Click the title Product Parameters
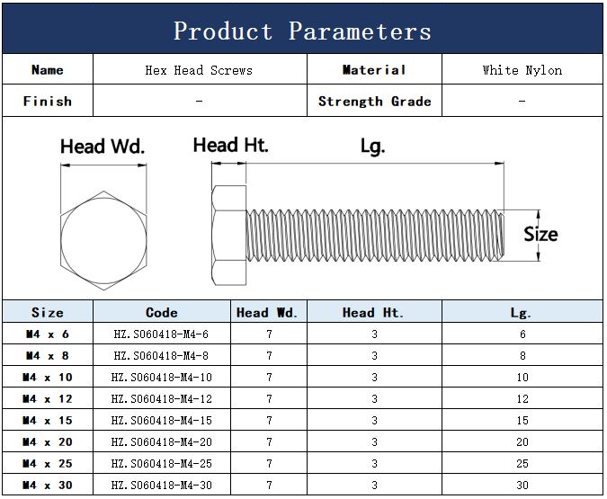click(x=302, y=31)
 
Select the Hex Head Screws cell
click(x=199, y=70)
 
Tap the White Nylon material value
click(x=522, y=70)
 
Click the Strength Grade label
click(x=374, y=101)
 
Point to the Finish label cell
click(x=48, y=101)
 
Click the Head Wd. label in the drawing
click(x=103, y=147)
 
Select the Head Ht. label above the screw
click(x=231, y=145)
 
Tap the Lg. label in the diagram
click(x=372, y=147)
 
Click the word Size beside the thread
click(x=540, y=234)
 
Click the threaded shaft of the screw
click(x=375, y=236)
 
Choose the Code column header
click(x=162, y=312)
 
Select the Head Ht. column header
click(x=373, y=312)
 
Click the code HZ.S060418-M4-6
click(x=161, y=334)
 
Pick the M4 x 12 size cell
click(x=48, y=398)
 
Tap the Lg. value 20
click(x=522, y=441)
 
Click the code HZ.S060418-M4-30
click(x=162, y=485)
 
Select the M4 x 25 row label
click(x=48, y=463)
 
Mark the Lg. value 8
click(x=522, y=355)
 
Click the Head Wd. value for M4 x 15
click(x=269, y=421)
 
